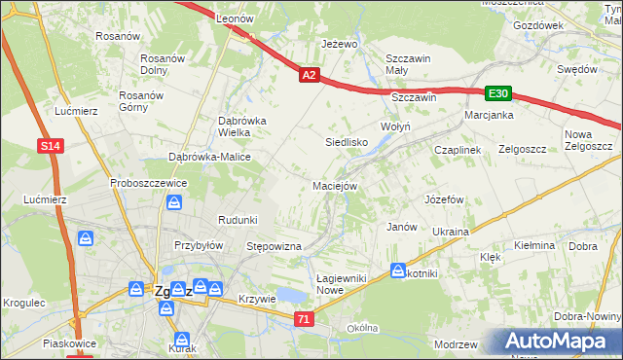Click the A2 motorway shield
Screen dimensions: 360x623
[309, 74]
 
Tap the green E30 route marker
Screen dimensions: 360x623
[498, 93]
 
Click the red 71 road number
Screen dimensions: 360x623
[305, 318]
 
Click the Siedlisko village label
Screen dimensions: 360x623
[347, 141]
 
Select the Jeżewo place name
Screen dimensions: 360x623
[341, 44]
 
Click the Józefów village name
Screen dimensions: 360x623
[442, 198]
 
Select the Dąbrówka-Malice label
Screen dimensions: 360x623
[210, 157]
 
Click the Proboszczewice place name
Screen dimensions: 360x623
[148, 182]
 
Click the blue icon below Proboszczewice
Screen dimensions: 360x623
[175, 202]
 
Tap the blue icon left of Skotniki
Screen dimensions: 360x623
[398, 270]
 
